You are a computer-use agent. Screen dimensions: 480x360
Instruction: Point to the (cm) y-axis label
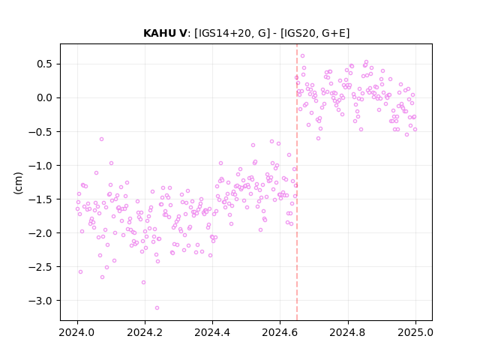(x=18, y=183)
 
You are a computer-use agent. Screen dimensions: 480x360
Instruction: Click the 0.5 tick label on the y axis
(x=46, y=64)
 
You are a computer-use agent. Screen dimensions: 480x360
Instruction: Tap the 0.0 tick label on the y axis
(x=46, y=98)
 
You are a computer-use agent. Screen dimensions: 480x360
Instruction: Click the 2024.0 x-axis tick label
(x=77, y=332)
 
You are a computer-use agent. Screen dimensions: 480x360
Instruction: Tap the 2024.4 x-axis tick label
(x=212, y=332)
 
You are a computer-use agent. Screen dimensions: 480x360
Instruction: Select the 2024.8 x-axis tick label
(x=348, y=332)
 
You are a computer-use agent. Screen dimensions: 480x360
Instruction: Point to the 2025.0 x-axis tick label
(x=415, y=332)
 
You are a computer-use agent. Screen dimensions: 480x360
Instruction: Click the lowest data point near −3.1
(x=157, y=308)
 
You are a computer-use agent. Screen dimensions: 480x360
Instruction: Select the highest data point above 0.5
(x=302, y=56)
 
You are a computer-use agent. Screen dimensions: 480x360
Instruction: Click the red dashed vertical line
(x=297, y=182)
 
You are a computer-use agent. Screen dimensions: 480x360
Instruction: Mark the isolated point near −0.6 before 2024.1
(x=102, y=139)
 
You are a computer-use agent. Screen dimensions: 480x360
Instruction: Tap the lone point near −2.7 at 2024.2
(x=143, y=283)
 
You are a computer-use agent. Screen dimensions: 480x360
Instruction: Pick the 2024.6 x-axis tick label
(x=280, y=332)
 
